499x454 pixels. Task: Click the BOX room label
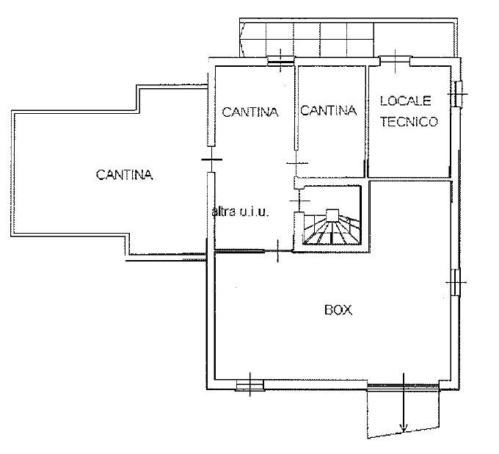tap(338, 310)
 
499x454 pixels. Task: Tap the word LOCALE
tap(406, 101)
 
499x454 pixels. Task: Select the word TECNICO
tap(409, 122)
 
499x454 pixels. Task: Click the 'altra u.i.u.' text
tap(241, 212)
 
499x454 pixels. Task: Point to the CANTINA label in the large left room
tap(125, 175)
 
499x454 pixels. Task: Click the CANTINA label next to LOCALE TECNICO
tap(329, 110)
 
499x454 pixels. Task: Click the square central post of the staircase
tap(332, 215)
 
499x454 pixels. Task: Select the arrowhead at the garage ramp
tap(404, 428)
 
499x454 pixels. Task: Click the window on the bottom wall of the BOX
tap(250, 386)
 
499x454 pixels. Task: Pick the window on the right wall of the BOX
tap(456, 282)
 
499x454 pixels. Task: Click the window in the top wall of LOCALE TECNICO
tap(395, 60)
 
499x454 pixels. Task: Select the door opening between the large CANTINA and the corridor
tap(211, 159)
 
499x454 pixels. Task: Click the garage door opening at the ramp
tap(404, 387)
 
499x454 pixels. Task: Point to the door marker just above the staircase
tap(299, 201)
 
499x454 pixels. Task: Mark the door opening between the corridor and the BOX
tap(278, 251)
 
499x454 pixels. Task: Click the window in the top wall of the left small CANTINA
tap(280, 61)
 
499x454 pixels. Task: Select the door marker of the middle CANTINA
tap(297, 163)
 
